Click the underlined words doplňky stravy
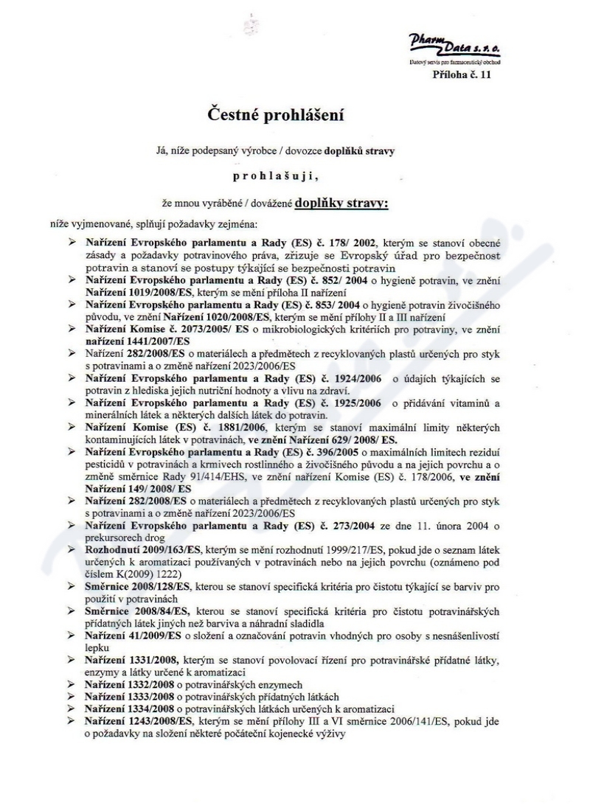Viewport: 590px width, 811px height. coord(341,202)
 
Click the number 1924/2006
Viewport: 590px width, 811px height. coord(355,378)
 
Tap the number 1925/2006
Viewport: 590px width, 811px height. coord(355,403)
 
